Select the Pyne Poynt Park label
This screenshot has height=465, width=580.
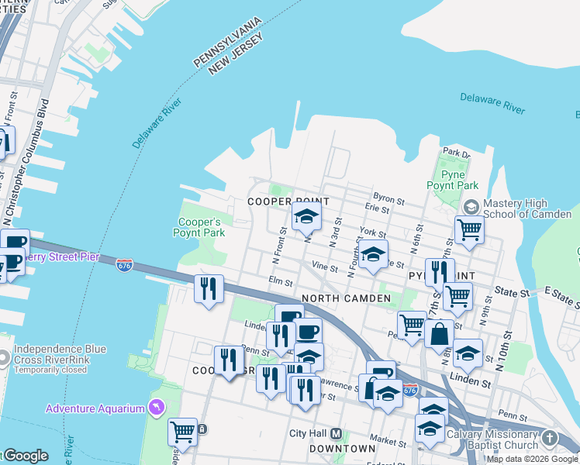tap(452, 181)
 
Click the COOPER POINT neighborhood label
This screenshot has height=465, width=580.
tap(279, 201)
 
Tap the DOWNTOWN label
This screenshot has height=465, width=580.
tap(342, 449)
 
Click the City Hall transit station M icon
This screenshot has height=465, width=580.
tap(337, 434)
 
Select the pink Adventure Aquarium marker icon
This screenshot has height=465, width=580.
tap(157, 408)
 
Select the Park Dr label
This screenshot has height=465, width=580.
tap(456, 153)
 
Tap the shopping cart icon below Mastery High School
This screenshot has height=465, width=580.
tap(469, 229)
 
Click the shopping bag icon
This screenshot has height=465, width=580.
tap(439, 334)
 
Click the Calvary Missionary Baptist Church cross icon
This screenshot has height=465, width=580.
tap(549, 439)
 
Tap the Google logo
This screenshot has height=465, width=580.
tap(25, 456)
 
